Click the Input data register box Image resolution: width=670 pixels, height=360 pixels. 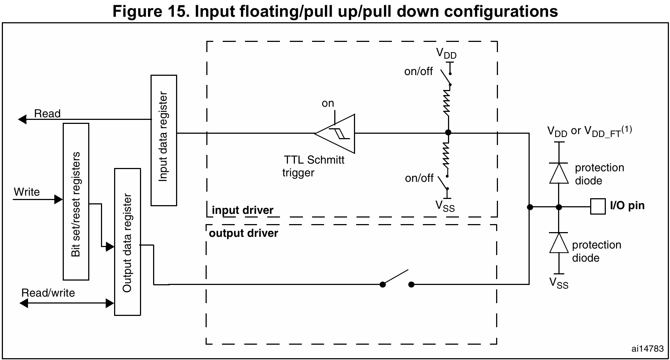point(164,140)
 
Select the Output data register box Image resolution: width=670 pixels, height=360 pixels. point(127,242)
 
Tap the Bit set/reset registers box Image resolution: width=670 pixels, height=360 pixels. point(76,201)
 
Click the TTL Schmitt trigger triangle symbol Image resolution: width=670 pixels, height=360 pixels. point(337,133)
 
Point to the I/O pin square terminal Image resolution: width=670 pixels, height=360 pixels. point(597,207)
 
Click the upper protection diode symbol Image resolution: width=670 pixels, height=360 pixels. point(558,173)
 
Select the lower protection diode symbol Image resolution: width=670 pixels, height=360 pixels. point(558,243)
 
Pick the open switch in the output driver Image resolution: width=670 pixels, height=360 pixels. point(397,280)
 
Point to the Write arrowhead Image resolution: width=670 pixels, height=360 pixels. point(58,199)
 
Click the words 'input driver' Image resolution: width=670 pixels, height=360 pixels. point(242,210)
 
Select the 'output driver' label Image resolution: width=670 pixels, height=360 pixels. point(243,233)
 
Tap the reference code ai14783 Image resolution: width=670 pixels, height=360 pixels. point(647,349)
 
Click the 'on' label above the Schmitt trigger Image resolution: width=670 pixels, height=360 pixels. point(328,103)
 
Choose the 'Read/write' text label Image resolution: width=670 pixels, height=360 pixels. point(48,293)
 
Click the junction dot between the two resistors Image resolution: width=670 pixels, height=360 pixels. point(448,133)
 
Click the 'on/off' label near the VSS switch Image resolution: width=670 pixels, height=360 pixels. point(419,178)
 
